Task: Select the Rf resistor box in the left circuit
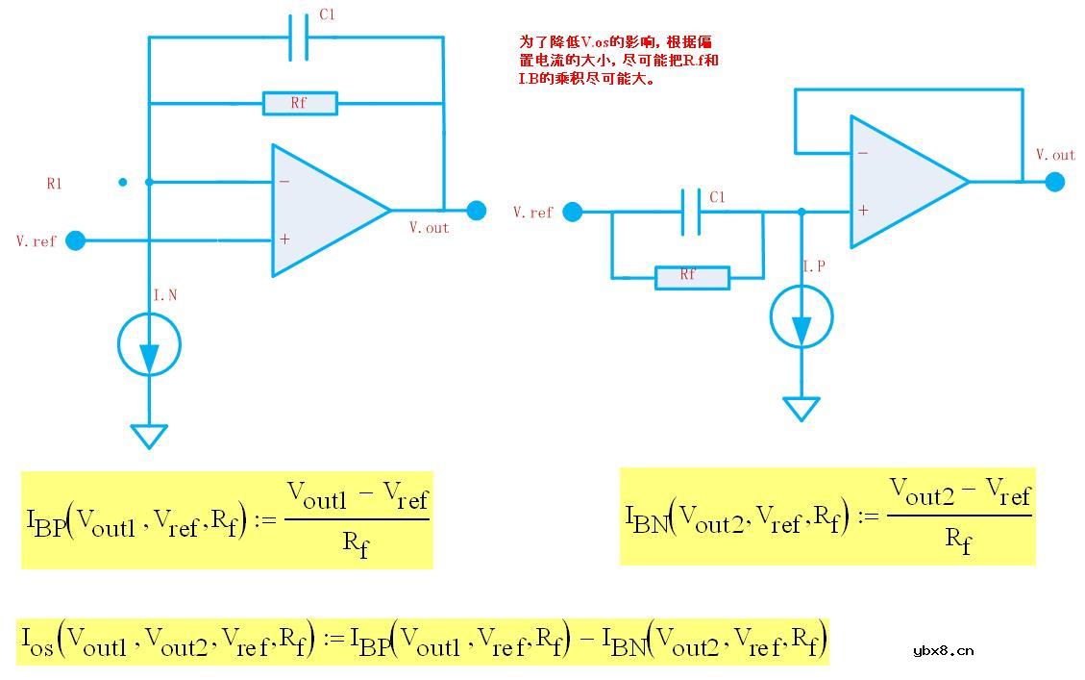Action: (x=300, y=103)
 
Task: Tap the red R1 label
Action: (x=54, y=183)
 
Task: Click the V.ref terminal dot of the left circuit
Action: (x=75, y=240)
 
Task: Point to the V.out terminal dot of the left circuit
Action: (x=476, y=210)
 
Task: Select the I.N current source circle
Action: (x=149, y=343)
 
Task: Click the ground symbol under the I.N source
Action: (x=149, y=436)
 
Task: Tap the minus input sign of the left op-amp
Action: (x=284, y=181)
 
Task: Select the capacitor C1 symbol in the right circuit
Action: (x=690, y=212)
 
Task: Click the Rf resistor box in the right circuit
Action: (x=692, y=278)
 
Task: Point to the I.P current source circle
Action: (x=801, y=316)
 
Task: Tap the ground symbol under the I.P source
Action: (x=801, y=409)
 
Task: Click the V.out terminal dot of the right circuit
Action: (x=1054, y=181)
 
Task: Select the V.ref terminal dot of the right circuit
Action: (x=573, y=212)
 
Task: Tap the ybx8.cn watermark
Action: (x=943, y=650)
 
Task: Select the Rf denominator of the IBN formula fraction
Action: (x=958, y=541)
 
